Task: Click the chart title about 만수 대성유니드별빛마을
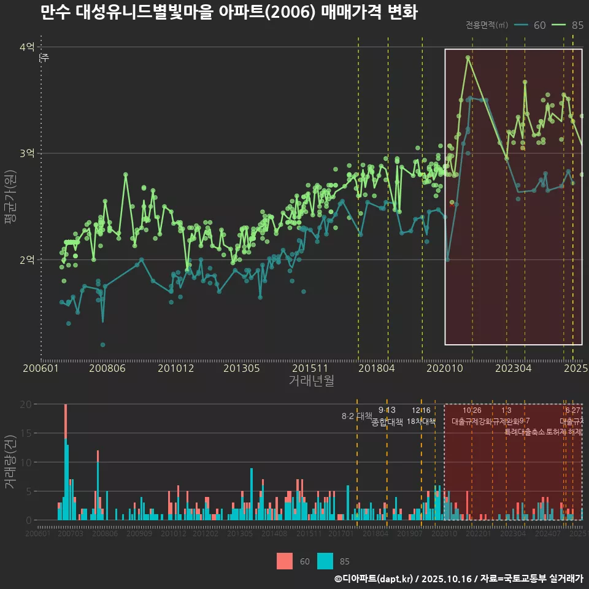229,12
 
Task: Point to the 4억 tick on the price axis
27,47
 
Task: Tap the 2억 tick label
27,260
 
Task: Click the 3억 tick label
27,153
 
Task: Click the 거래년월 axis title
311,380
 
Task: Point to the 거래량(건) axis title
10,461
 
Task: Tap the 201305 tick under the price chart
241,368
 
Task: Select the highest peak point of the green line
468,57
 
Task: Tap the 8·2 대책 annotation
357,416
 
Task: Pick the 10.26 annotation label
472,410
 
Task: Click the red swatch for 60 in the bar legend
285,561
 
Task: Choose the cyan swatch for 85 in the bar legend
325,561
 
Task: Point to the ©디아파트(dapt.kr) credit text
374,579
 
